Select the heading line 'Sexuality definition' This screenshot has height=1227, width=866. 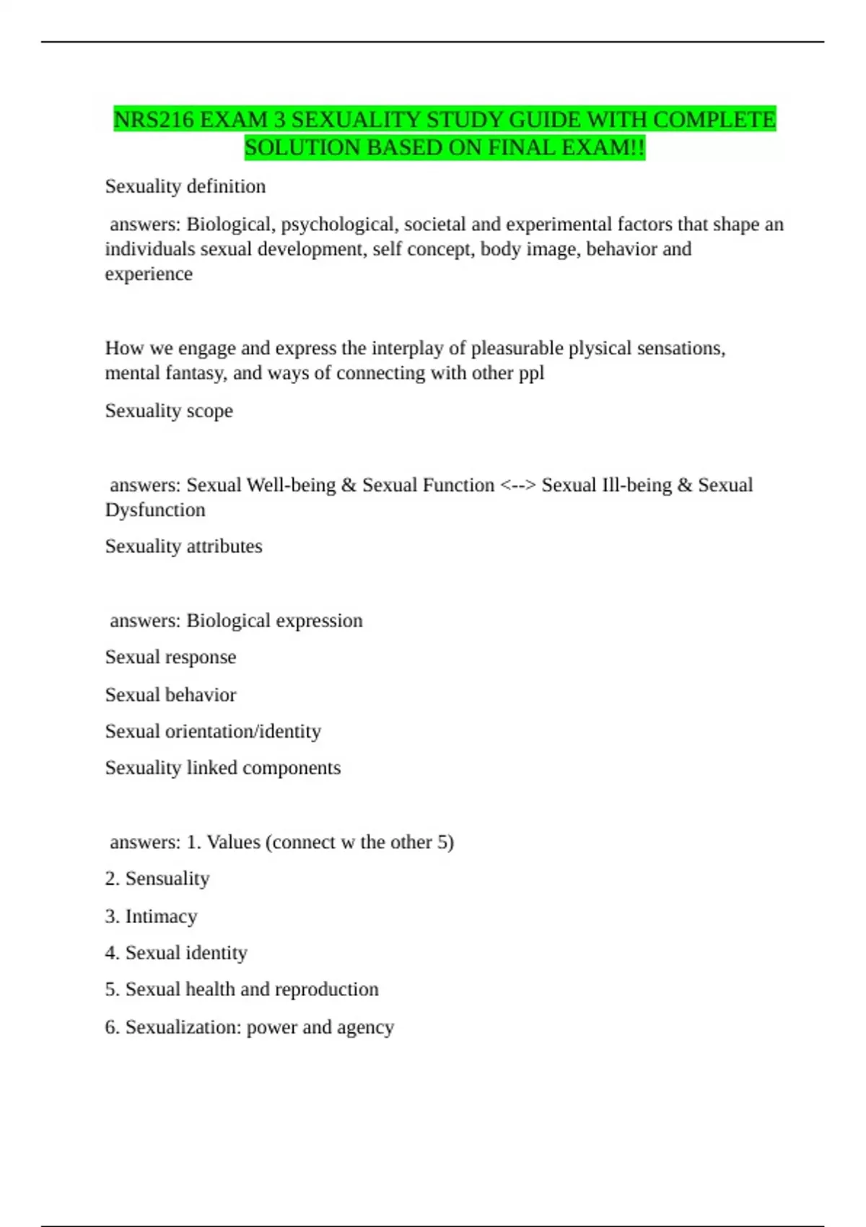click(185, 186)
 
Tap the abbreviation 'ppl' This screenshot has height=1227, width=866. click(531, 373)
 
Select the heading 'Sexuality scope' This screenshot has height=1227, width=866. click(169, 411)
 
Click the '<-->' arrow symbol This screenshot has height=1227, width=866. click(518, 485)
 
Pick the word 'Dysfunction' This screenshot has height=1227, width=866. click(155, 510)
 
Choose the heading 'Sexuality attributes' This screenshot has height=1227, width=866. click(183, 546)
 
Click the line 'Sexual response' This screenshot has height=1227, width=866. click(170, 657)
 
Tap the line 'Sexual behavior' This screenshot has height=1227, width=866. click(170, 695)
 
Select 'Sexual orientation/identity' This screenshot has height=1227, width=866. click(213, 731)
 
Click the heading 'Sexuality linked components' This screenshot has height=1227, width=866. click(222, 768)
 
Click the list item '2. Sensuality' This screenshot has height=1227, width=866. click(157, 878)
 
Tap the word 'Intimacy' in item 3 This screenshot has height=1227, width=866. click(161, 917)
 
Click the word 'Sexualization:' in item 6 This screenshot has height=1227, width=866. click(183, 1027)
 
